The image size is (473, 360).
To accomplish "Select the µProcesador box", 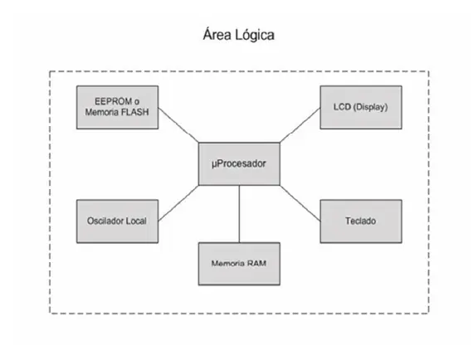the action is [239, 163].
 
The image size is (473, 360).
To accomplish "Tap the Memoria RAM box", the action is [239, 264].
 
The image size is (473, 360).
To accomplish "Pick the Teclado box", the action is [361, 221].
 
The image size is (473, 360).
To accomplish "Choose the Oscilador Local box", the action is [117, 221].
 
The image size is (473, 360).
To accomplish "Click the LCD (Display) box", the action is [361, 107].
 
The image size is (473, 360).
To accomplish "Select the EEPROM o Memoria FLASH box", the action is [117, 107].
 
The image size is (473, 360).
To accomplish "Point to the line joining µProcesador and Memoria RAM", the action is [240, 214].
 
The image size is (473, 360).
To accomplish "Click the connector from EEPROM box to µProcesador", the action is [178, 124].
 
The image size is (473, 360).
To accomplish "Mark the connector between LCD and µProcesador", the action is [300, 124].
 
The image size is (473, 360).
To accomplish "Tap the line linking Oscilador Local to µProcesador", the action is [178, 203].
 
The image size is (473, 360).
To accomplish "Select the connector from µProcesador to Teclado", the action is [300, 203].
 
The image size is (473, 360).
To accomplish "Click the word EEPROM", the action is [113, 101].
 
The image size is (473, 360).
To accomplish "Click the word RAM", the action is [256, 264].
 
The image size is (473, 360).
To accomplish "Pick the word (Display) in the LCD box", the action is [370, 107].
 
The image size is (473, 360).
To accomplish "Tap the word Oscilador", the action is [105, 221].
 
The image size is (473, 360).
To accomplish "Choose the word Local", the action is [136, 221].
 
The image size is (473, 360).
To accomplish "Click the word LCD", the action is [342, 107].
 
